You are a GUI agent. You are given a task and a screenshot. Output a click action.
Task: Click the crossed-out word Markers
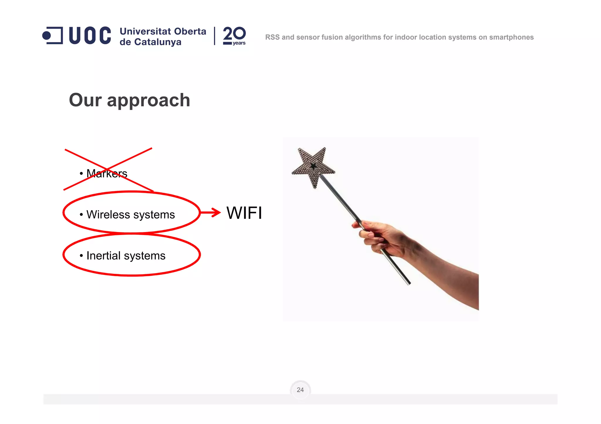coord(107,173)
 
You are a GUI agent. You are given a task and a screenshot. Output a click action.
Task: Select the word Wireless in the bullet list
coord(108,214)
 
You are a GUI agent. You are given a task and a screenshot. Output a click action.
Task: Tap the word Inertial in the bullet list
coord(103,256)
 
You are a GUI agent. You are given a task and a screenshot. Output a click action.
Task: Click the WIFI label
coord(244,213)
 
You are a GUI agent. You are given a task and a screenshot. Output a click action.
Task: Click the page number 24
coord(300,390)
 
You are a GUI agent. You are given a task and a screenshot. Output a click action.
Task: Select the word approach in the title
coord(148,101)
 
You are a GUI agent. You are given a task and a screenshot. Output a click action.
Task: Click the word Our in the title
coord(85,100)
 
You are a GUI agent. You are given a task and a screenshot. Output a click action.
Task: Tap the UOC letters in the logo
coord(90,35)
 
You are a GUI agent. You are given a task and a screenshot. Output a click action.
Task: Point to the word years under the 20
coord(239,43)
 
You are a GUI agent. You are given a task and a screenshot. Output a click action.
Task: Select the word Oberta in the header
coord(190,31)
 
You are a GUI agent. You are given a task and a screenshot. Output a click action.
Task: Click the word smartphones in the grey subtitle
coord(511,37)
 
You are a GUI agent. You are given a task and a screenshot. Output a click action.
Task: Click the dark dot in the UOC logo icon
coord(47,36)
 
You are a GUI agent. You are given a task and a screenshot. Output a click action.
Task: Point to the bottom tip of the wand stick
coord(409,284)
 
